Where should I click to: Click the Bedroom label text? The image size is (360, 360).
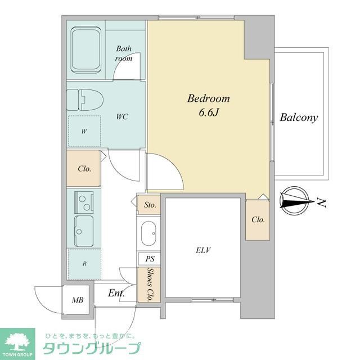[x=209, y=98]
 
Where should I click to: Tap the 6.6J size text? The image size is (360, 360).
[x=209, y=113]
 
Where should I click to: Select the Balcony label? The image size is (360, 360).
[x=299, y=118]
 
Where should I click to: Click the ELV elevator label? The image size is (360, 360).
[x=203, y=250]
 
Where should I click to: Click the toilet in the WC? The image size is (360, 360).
[x=84, y=100]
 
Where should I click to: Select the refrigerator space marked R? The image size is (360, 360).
[x=84, y=263]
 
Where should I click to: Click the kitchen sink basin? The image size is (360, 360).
[x=84, y=230]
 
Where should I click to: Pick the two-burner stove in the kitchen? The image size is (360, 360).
[x=84, y=201]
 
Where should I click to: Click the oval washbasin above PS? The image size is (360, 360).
[x=149, y=233]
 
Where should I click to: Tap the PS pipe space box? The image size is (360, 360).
[x=149, y=259]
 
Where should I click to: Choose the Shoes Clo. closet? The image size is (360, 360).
[x=149, y=285]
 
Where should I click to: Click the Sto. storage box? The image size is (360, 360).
[x=150, y=205]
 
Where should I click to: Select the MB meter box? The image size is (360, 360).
[x=77, y=300]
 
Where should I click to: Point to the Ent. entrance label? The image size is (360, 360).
[x=116, y=293]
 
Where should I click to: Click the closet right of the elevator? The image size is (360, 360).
[x=258, y=219]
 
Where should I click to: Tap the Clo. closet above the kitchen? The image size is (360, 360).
[x=84, y=168]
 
